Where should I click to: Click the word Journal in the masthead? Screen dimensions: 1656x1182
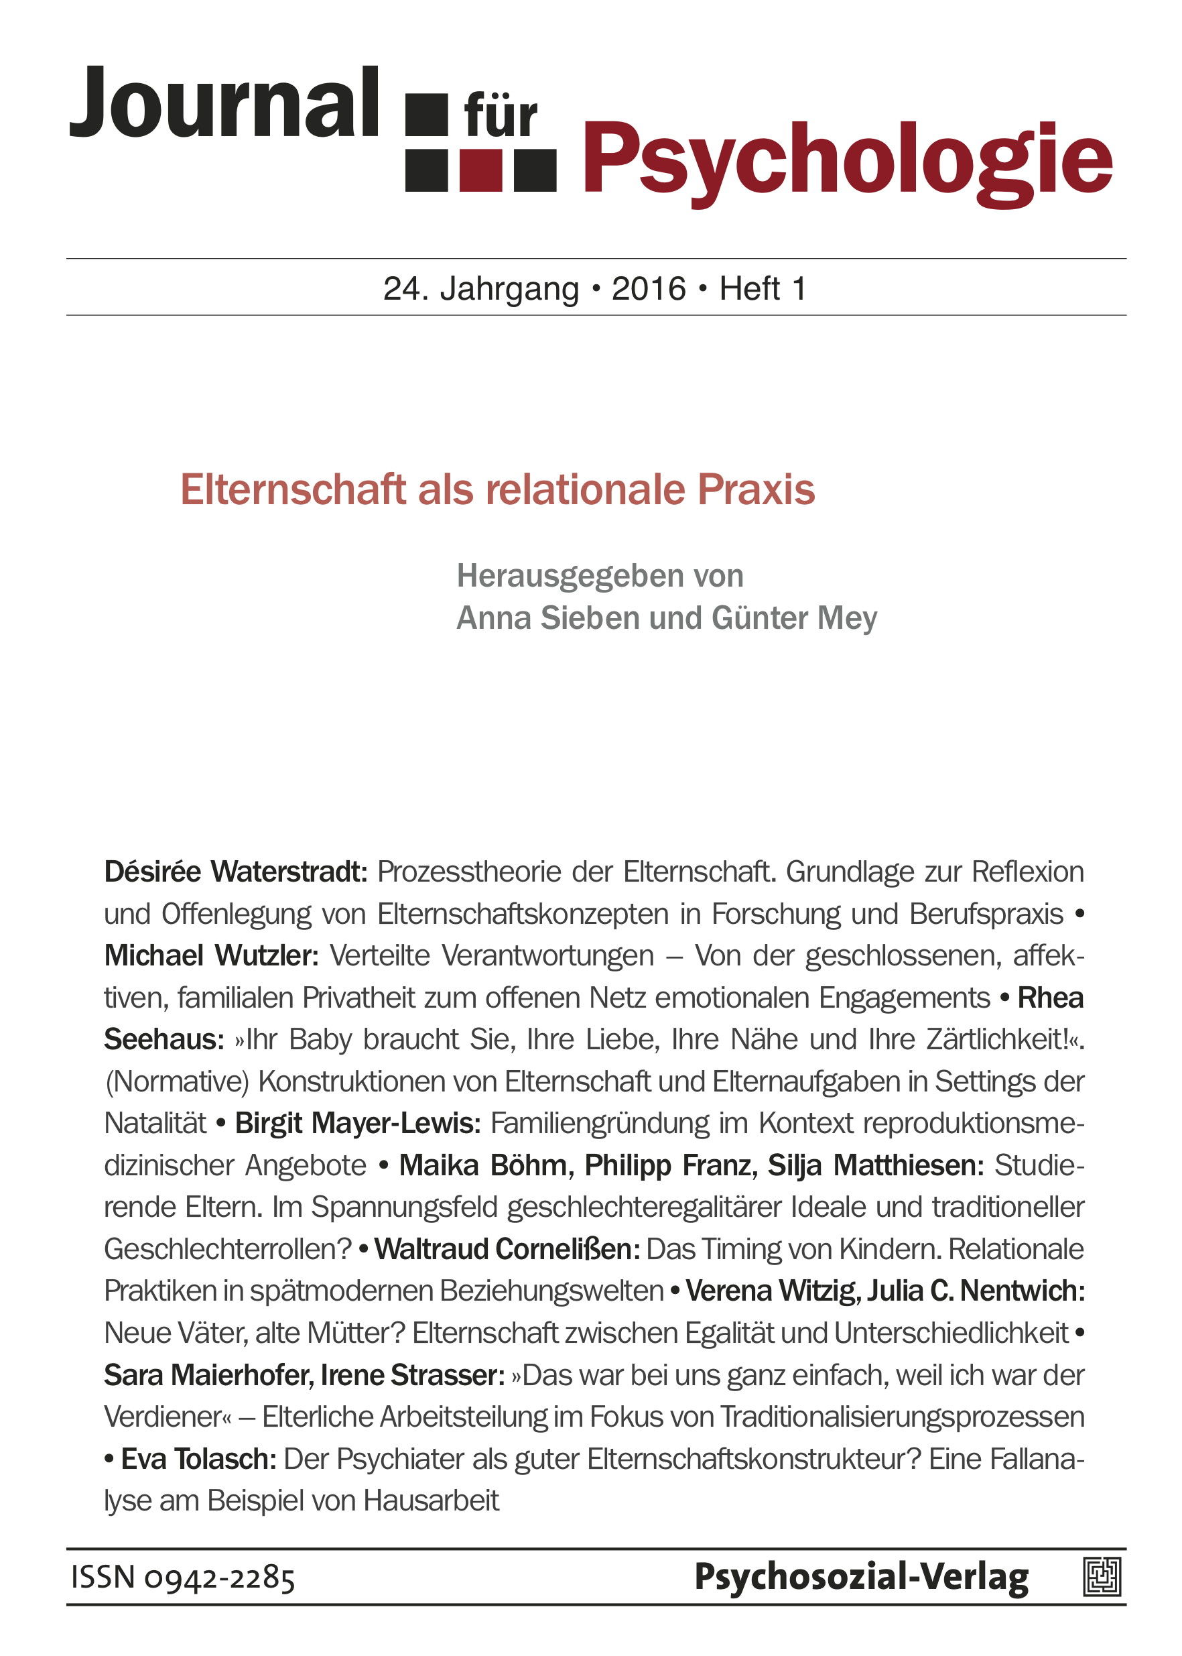pyautogui.click(x=223, y=103)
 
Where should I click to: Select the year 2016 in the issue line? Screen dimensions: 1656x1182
pyautogui.click(x=649, y=289)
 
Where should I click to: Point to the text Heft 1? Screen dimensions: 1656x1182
pyautogui.click(x=763, y=289)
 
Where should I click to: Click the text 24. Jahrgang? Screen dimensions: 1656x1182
pyautogui.click(x=481, y=289)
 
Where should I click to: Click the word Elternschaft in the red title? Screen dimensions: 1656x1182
pyautogui.click(x=293, y=489)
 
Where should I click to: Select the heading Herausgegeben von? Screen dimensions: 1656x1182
pyautogui.click(x=600, y=576)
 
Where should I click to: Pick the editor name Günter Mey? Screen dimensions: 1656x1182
pyautogui.click(x=795, y=618)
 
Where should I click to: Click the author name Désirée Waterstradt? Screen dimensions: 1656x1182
pyautogui.click(x=235, y=872)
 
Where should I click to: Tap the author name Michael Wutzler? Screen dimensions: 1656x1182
pyautogui.click(x=211, y=955)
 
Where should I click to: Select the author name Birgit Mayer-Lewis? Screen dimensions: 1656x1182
pyautogui.click(x=357, y=1124)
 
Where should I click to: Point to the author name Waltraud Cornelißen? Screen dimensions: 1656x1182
pyautogui.click(x=507, y=1250)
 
